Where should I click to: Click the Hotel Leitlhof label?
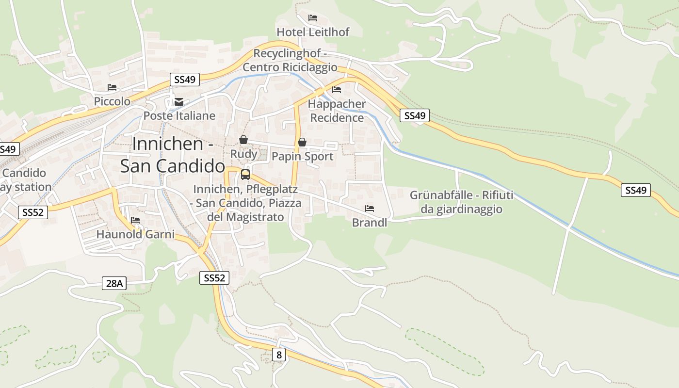click(313, 32)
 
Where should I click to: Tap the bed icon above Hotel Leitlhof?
click(313, 18)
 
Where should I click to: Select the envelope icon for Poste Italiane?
click(179, 102)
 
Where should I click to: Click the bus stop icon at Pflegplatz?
click(245, 175)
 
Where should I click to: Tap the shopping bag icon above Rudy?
click(243, 140)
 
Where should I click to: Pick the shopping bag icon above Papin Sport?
click(302, 142)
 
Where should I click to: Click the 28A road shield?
click(114, 283)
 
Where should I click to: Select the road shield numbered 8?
click(278, 355)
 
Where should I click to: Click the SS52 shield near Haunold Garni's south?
click(214, 278)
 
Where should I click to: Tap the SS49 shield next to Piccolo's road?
click(185, 80)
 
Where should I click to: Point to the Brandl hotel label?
click(370, 223)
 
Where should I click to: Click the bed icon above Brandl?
click(370, 209)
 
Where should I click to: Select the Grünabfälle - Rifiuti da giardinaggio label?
click(461, 202)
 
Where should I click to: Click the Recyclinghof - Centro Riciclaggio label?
click(290, 60)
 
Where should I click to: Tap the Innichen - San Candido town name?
click(173, 155)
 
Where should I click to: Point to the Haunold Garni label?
click(135, 234)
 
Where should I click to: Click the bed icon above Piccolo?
click(112, 87)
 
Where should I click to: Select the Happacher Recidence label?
click(337, 111)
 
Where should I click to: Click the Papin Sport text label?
click(303, 156)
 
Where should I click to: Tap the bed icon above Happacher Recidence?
click(337, 89)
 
